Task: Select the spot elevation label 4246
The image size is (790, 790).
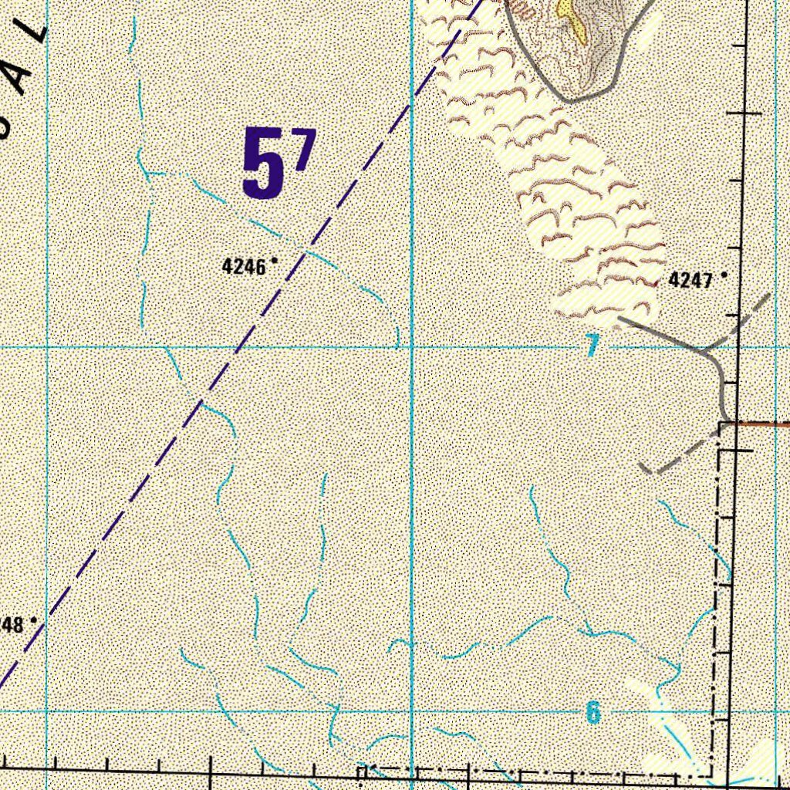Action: [244, 267]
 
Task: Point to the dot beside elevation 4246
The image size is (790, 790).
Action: [274, 262]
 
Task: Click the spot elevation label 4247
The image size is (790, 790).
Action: [690, 280]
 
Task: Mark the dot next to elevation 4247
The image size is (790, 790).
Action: [724, 275]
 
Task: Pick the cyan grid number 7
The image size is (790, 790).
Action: [592, 346]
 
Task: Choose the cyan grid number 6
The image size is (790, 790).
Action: [592, 712]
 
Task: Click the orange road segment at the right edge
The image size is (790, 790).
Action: [764, 423]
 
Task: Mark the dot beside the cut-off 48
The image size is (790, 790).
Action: [34, 619]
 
